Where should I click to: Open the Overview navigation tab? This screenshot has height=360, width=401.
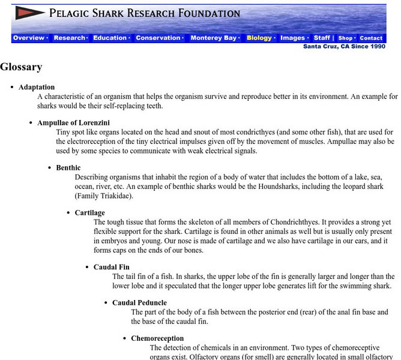pos(29,38)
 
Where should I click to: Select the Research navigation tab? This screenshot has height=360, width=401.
pos(70,38)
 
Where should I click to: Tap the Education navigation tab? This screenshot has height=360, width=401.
pos(110,38)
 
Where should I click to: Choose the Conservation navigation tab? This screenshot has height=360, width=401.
pos(158,38)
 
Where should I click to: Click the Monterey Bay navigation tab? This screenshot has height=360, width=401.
pos(214,38)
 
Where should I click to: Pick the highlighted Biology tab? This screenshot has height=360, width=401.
pos(259,38)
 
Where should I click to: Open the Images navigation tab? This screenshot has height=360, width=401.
pos(293,38)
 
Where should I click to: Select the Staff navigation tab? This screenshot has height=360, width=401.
pos(322,38)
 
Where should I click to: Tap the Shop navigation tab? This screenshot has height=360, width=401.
pos(345,38)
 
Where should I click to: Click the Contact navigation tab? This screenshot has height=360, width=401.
pos(371,38)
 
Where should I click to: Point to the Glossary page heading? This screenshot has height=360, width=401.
pos(21,67)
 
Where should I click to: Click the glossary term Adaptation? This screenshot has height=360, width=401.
pos(37,87)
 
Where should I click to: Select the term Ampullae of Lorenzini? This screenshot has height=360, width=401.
pos(73,122)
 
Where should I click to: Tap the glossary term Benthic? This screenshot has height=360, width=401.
pos(68,167)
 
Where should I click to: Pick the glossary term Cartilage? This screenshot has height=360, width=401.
pos(90,212)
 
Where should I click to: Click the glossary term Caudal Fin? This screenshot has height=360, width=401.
pos(112,267)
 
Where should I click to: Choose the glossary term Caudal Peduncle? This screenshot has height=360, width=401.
pos(139,302)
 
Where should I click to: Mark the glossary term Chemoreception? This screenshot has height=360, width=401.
pos(157,338)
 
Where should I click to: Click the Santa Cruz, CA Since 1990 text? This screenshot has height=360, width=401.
pos(344,46)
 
